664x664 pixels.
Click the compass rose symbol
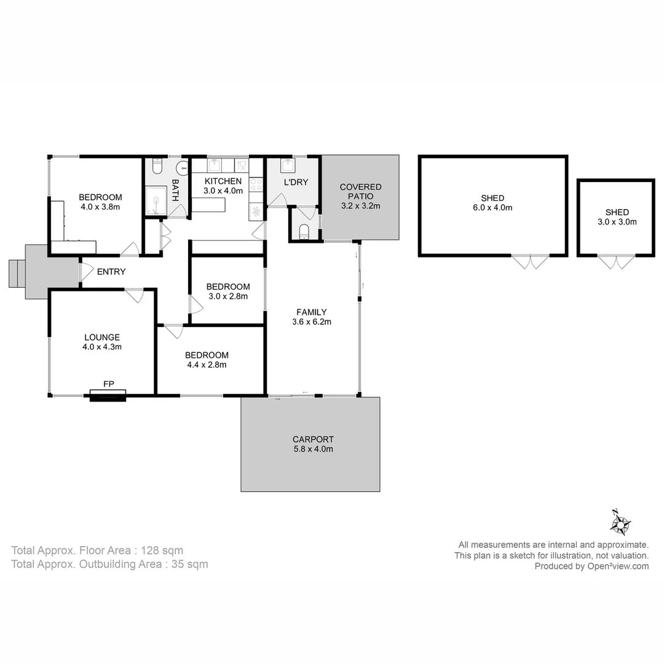click(x=620, y=523)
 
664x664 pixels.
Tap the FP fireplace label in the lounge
click(x=108, y=384)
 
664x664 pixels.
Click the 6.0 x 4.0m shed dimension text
click(x=492, y=208)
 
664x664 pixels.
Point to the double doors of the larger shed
click(x=530, y=263)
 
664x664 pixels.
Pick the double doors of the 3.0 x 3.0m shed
click(x=616, y=263)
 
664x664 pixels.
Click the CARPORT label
click(x=313, y=440)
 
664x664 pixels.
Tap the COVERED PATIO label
click(x=361, y=191)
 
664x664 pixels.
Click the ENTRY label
click(x=111, y=272)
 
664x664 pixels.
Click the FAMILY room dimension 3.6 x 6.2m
click(x=312, y=322)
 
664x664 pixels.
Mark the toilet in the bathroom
click(x=156, y=167)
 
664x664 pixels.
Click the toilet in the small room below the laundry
click(x=304, y=231)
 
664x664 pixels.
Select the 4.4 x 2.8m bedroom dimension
click(x=207, y=365)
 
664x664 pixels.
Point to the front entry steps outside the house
click(x=16, y=273)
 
